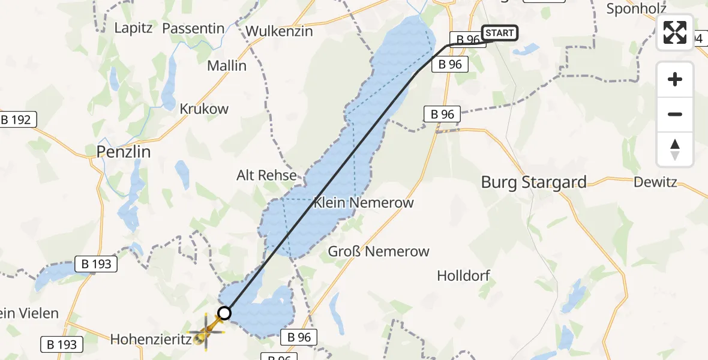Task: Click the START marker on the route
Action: [x=499, y=33]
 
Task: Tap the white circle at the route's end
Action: [x=224, y=313]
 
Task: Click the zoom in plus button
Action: [x=675, y=79]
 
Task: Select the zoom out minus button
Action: [x=675, y=114]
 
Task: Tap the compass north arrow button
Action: [x=675, y=149]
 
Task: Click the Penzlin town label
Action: [x=124, y=152]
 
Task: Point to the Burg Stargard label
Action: [x=534, y=182]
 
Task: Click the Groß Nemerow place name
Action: [x=379, y=251]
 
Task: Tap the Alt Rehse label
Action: [x=267, y=175]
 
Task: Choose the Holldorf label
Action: [x=464, y=276]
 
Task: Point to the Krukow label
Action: [x=204, y=109]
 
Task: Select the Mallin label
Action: [x=227, y=66]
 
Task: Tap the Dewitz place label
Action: [x=655, y=182]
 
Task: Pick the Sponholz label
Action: [x=634, y=9]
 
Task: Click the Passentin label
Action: [x=193, y=28]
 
